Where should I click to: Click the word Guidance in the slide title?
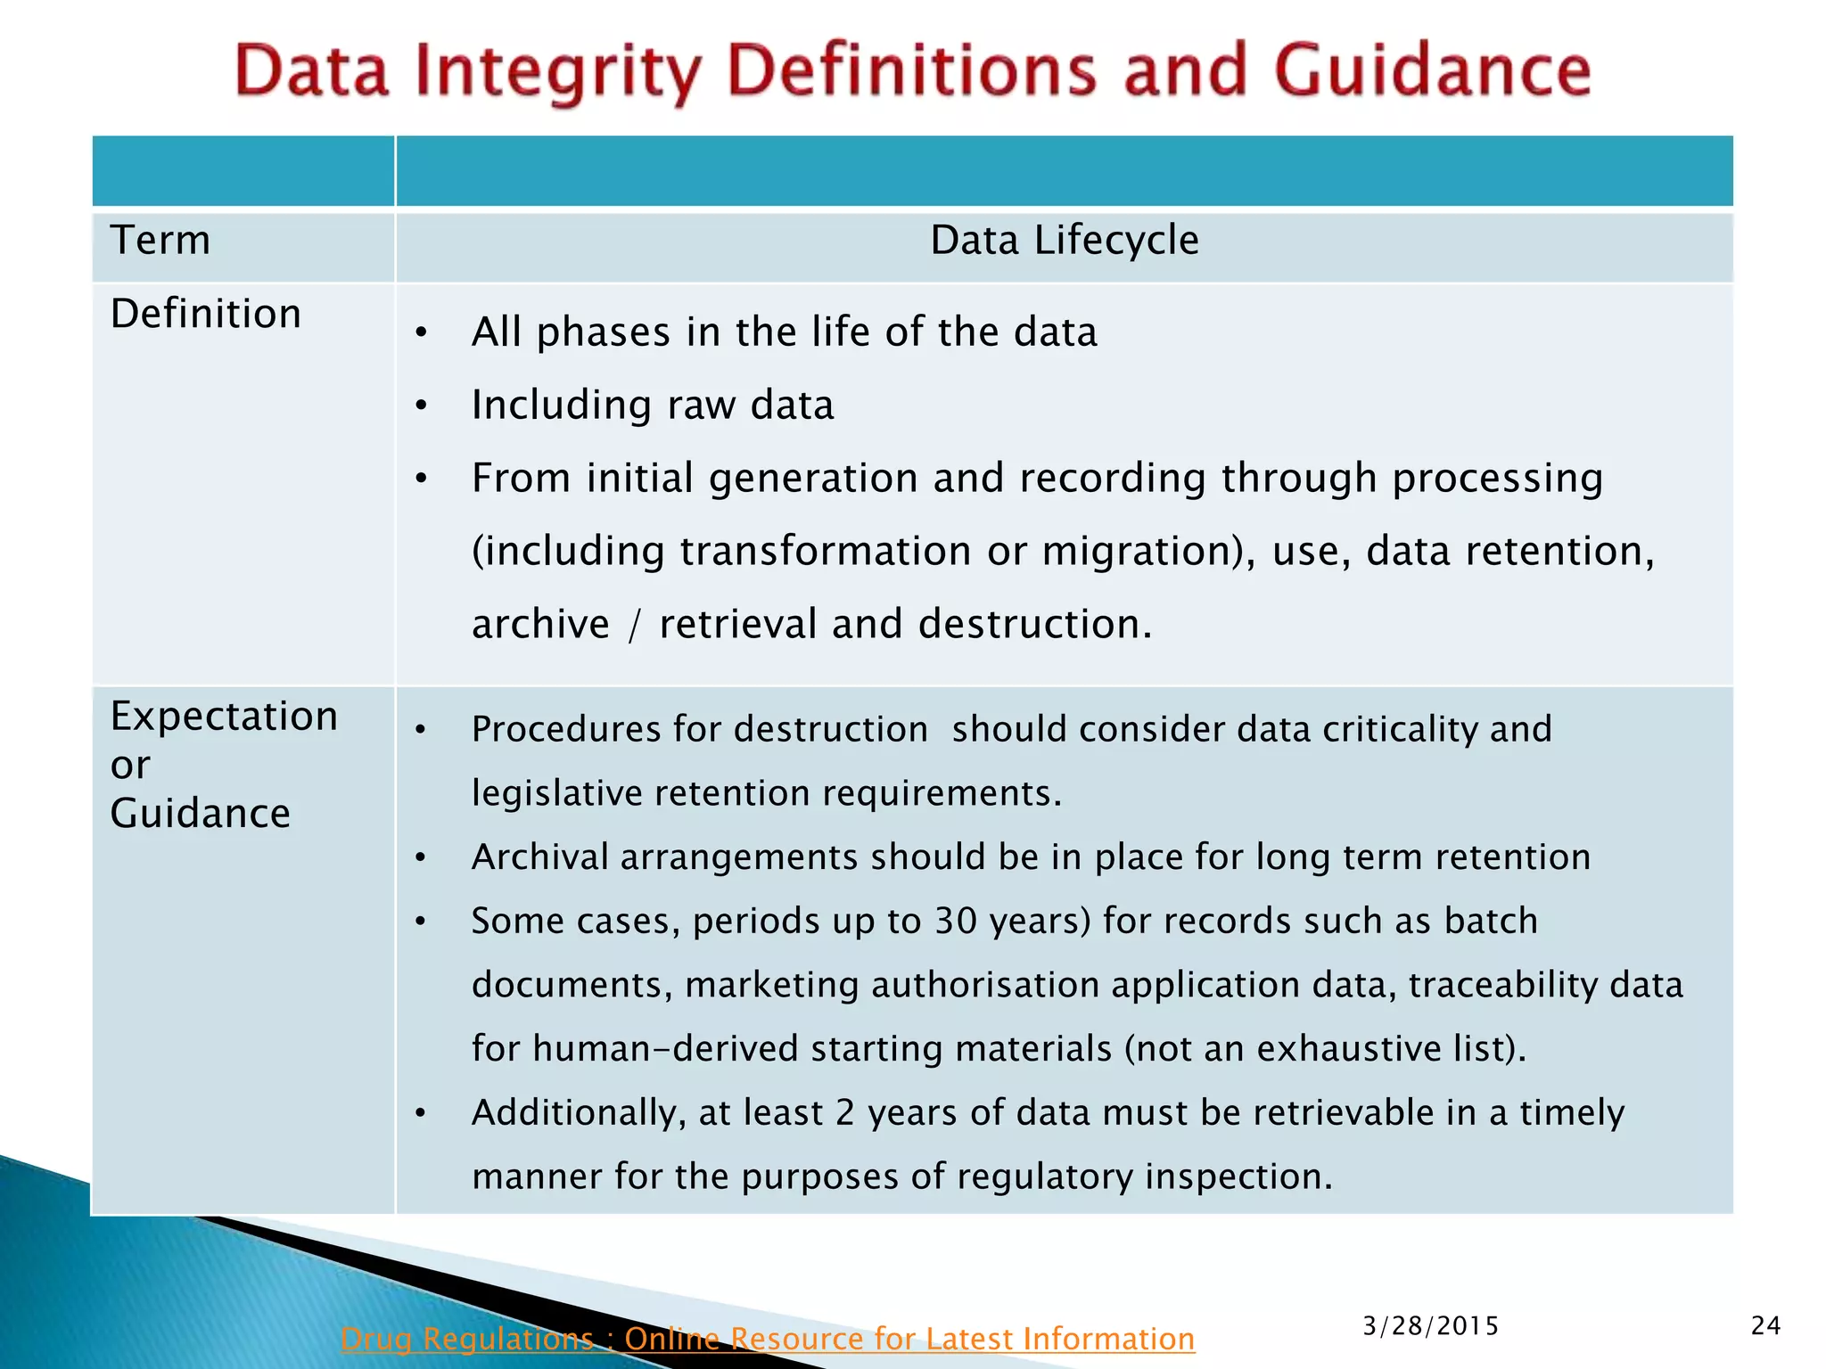pyautogui.click(x=1433, y=71)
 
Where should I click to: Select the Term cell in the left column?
pyautogui.click(x=160, y=241)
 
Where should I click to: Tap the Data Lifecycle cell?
pyautogui.click(x=1064, y=241)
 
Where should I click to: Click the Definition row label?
pyautogui.click(x=206, y=314)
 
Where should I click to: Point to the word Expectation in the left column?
pyautogui.click(x=224, y=717)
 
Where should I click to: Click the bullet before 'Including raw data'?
pyautogui.click(x=422, y=406)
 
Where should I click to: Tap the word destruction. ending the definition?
pyautogui.click(x=1035, y=624)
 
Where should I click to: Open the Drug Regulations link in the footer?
pyautogui.click(x=767, y=1338)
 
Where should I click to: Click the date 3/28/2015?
pyautogui.click(x=1430, y=1326)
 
